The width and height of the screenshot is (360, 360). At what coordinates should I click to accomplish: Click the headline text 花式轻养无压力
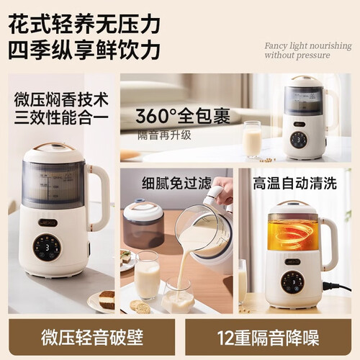click(x=84, y=24)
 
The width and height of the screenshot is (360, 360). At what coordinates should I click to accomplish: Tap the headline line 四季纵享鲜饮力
click(x=84, y=50)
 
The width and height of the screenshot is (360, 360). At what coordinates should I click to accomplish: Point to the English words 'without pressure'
click(x=297, y=55)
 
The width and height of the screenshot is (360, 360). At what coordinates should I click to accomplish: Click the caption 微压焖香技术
click(x=61, y=99)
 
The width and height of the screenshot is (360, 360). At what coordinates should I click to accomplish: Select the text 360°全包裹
click(x=183, y=117)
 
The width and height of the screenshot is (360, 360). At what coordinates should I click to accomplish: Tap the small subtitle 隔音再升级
click(x=164, y=135)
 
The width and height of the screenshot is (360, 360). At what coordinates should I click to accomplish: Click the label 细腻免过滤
click(x=176, y=183)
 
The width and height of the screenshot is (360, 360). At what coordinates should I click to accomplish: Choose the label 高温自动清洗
click(x=294, y=183)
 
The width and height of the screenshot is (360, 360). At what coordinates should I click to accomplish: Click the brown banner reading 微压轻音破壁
click(x=91, y=337)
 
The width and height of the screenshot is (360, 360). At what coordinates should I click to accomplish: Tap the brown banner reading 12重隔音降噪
click(x=269, y=337)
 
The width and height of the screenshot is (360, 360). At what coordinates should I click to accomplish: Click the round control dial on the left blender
click(x=47, y=248)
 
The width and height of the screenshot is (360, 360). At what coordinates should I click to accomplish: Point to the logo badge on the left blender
click(x=48, y=222)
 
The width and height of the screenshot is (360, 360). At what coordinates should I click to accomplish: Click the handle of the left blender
click(x=99, y=197)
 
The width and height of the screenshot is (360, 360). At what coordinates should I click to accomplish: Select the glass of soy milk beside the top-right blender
click(x=252, y=139)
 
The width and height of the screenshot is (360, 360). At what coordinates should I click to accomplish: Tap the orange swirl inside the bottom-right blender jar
click(x=293, y=232)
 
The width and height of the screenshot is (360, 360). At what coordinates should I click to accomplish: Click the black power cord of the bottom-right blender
click(x=336, y=287)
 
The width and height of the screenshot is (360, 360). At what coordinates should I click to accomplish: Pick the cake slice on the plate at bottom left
click(x=107, y=300)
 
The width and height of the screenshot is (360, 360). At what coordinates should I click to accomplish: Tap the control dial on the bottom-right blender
click(x=292, y=282)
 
